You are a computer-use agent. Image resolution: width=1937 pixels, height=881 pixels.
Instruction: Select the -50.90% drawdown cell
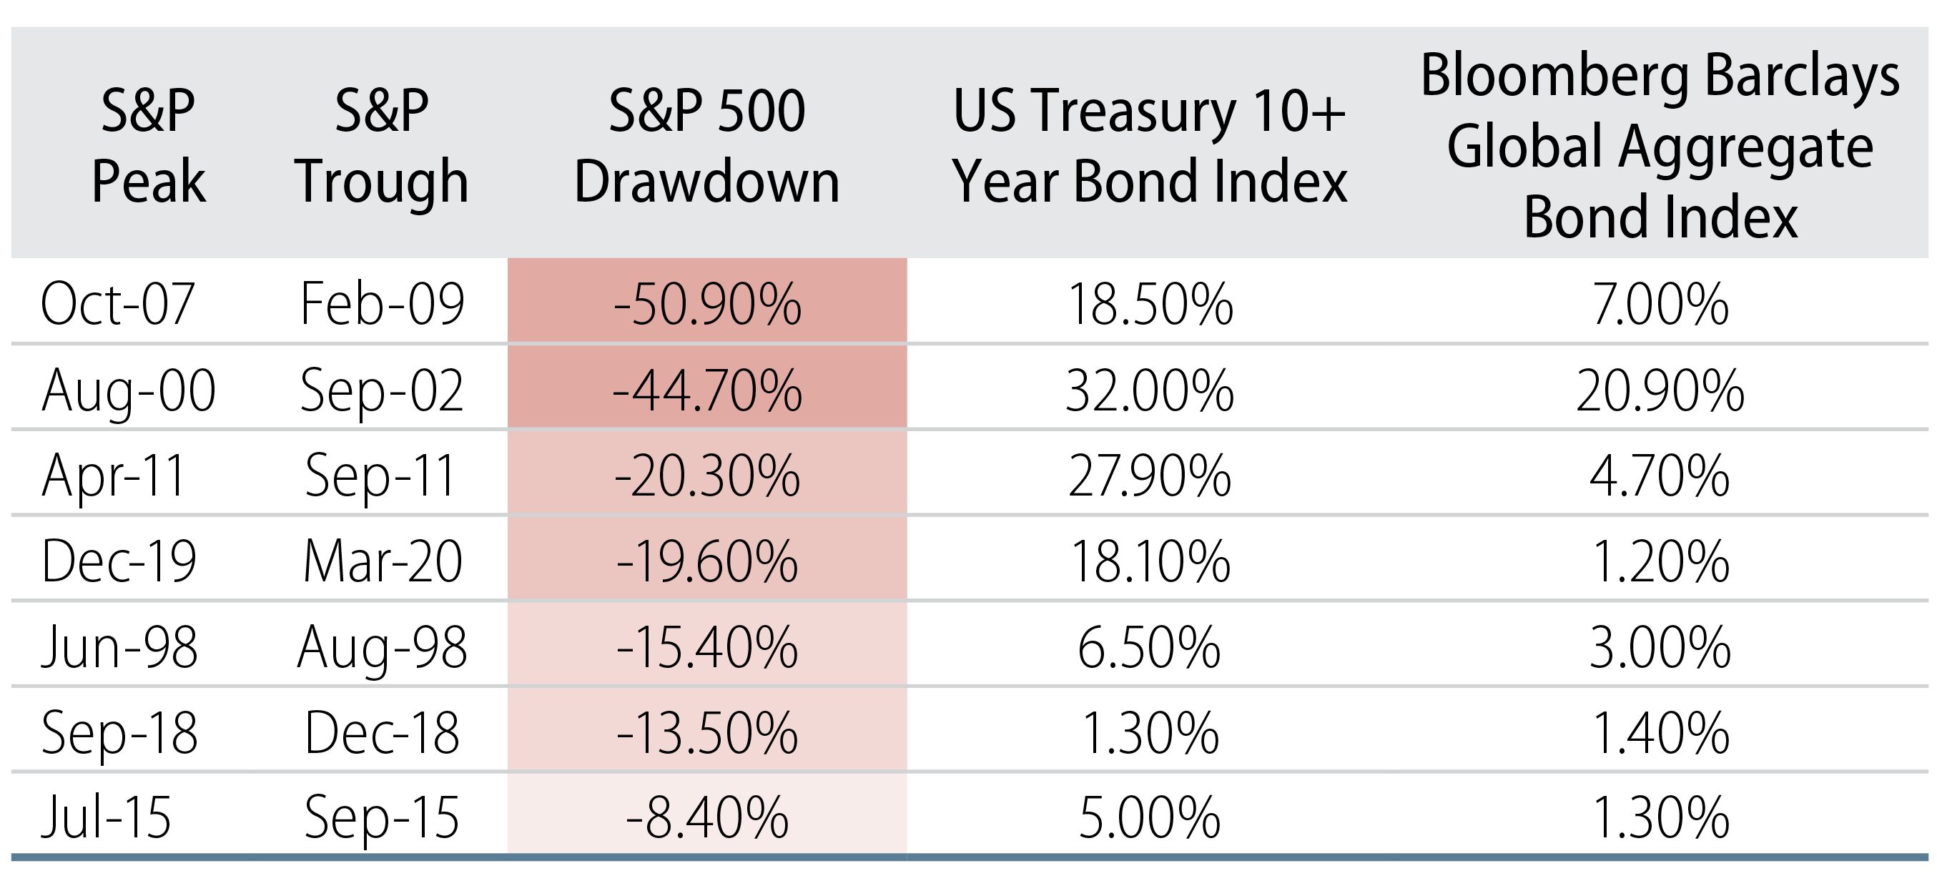tap(707, 305)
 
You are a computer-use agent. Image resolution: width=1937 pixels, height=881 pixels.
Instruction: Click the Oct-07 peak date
tap(118, 305)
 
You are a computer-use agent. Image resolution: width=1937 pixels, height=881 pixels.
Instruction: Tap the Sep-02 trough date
tap(381, 390)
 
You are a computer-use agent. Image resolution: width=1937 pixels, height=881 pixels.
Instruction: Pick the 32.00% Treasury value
tap(1149, 390)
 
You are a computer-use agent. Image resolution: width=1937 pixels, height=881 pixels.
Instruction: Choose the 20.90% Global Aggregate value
tap(1660, 390)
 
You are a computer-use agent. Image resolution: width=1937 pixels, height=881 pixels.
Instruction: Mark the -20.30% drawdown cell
tap(707, 476)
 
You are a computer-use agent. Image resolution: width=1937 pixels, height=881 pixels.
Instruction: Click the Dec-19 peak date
tap(119, 561)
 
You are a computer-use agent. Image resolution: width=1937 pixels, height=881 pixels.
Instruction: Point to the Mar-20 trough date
tap(382, 561)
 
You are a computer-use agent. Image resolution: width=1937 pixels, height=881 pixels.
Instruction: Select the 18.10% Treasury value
tap(1149, 561)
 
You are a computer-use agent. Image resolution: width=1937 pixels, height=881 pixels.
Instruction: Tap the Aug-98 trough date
tap(382, 646)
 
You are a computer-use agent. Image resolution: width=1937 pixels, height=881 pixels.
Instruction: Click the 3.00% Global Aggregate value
tap(1660, 646)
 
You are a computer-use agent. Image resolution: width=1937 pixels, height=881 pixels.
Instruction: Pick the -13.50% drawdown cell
tap(707, 732)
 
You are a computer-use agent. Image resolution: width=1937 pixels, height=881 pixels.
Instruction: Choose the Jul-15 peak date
tap(106, 817)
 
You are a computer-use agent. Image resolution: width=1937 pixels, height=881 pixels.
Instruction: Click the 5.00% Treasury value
tap(1149, 817)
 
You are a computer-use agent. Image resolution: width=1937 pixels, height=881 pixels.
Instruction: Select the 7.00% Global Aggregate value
tap(1660, 305)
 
